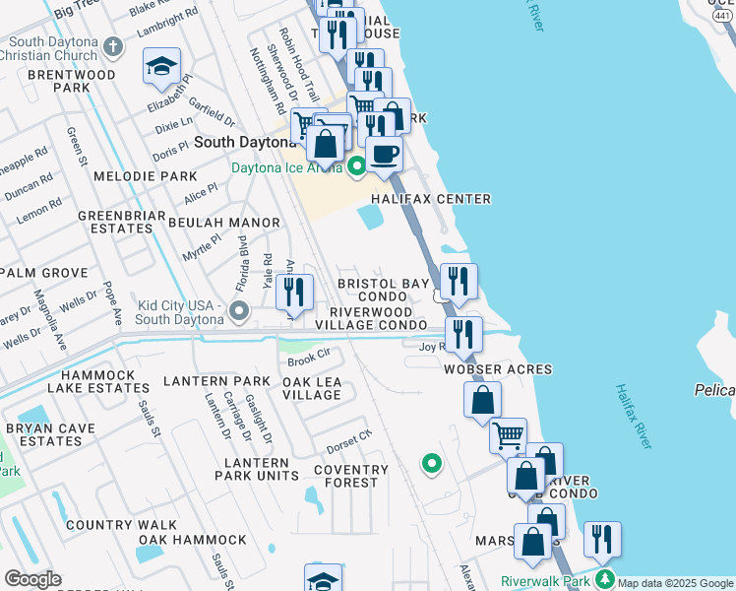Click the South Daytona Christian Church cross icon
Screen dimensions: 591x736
tap(114, 46)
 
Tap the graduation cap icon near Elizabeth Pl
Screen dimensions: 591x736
tap(161, 67)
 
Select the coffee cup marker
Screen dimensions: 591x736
tap(384, 154)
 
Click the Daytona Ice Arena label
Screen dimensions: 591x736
tap(285, 167)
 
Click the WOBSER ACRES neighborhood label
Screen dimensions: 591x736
tap(497, 369)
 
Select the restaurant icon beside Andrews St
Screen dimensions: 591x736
tap(294, 291)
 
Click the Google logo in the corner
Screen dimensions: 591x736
tap(32, 579)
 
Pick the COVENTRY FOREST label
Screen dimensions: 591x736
tap(345, 476)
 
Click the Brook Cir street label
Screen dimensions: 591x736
tap(307, 356)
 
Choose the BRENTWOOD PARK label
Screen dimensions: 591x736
tap(59, 81)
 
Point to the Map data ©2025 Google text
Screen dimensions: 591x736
tap(676, 583)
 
